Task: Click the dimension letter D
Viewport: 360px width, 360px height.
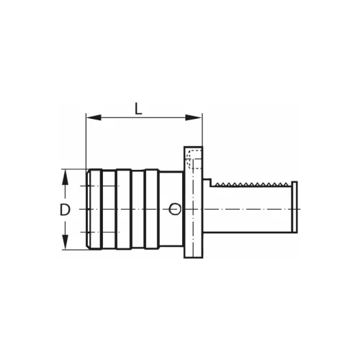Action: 64,210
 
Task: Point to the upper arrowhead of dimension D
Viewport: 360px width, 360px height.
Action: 65,174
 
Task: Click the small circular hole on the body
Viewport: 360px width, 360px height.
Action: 174,210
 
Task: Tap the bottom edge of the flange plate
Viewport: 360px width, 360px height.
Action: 193,258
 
